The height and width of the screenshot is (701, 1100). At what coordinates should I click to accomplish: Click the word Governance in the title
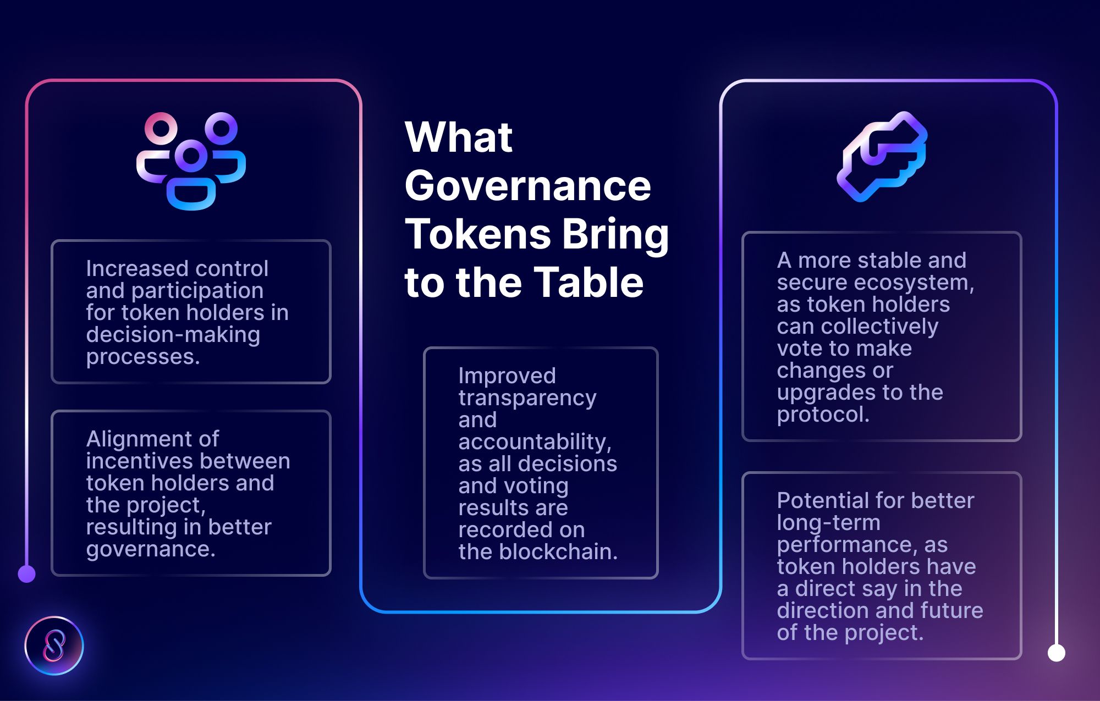[x=527, y=186]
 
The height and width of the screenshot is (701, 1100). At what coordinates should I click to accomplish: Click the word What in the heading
[x=459, y=137]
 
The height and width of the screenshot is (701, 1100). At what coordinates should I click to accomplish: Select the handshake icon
[x=882, y=157]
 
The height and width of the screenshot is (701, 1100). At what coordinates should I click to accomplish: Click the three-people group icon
[x=191, y=161]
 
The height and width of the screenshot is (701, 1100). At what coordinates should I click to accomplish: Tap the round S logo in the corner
[x=54, y=645]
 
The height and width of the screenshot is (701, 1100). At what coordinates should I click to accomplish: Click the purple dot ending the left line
[x=26, y=574]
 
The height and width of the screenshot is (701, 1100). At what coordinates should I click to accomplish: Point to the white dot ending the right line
[x=1056, y=653]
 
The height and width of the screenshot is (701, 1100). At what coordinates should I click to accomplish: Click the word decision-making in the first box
[x=173, y=335]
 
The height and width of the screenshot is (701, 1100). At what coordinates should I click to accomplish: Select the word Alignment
[x=152, y=439]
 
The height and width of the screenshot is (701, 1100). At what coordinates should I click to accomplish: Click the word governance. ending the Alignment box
[x=151, y=549]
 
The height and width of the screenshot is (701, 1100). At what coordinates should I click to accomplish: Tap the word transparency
[x=527, y=398]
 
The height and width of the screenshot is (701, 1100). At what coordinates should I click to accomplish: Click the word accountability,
[x=535, y=442]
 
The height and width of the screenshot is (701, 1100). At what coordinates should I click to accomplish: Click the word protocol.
[x=823, y=415]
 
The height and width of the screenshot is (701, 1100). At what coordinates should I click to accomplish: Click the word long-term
[x=828, y=523]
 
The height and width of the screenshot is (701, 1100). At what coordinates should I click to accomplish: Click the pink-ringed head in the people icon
[x=161, y=128]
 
